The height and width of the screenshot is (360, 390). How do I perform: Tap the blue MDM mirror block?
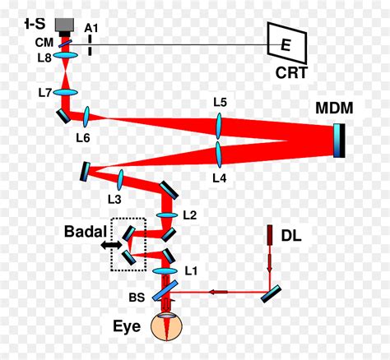click(340, 140)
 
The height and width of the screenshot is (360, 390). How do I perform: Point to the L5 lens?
click(220, 126)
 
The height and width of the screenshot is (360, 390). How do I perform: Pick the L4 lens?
click(220, 153)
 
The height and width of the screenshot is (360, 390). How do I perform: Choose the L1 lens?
click(166, 269)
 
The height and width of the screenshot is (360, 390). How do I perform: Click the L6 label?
click(82, 137)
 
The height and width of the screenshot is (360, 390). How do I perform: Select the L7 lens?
click(67, 94)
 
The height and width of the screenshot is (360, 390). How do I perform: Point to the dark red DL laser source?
click(269, 236)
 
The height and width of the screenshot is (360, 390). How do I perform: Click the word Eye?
click(127, 326)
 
